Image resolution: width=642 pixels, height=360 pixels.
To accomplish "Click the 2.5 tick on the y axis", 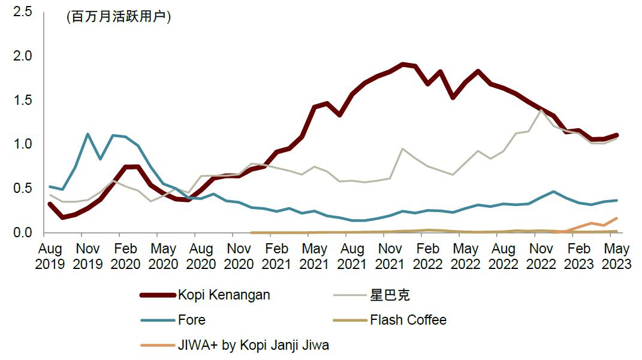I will [x=22, y=11].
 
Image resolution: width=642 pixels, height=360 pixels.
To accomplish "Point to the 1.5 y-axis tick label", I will [x=22, y=100].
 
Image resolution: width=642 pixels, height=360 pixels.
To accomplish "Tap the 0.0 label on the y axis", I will [x=22, y=232].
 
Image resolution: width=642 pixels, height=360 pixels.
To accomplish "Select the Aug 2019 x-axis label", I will [x=50, y=256].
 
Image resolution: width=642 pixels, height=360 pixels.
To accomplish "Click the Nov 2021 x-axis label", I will [x=391, y=256].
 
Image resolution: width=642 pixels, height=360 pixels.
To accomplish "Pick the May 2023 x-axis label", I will [x=617, y=256].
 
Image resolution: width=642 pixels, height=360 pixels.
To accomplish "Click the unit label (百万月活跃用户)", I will [x=119, y=17].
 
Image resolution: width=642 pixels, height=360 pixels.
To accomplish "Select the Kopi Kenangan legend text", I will [x=224, y=295].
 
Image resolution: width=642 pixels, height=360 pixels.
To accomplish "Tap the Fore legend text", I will [x=192, y=320].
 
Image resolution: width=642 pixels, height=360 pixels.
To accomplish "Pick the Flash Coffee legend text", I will [x=408, y=320].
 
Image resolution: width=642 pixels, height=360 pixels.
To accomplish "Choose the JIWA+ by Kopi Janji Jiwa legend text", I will [x=254, y=345].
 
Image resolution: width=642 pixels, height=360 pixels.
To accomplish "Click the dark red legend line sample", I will [x=158, y=295].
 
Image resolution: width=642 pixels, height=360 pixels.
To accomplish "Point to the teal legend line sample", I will [x=158, y=320].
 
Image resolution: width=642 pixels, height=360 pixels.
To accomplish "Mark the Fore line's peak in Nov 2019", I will [x=88, y=134].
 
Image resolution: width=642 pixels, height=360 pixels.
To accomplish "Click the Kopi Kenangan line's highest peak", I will [x=403, y=64].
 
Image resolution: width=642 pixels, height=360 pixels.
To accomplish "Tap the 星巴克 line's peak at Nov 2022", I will [x=542, y=110].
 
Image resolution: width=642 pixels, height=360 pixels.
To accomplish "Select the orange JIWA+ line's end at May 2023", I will [x=617, y=219].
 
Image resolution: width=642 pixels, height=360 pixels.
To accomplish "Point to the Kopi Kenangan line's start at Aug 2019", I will [x=50, y=204].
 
